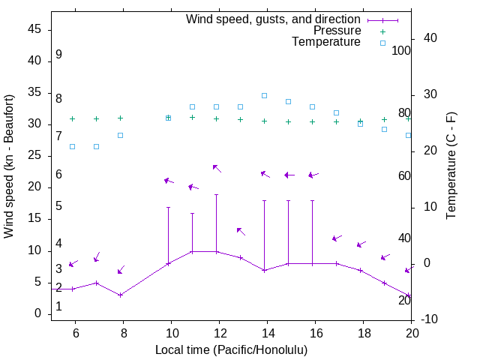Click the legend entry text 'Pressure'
coord(337,31)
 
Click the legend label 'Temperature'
coord(326,42)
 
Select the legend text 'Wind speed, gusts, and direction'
coord(274,19)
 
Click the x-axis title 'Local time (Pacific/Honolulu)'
coord(231,349)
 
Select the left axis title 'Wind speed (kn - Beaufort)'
coord(9,166)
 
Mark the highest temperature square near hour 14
coord(264,95)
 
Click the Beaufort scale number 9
coord(58,55)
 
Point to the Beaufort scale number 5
coord(58,206)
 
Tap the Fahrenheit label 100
coord(402,51)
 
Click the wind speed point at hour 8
coord(120,295)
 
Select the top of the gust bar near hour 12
coord(216,195)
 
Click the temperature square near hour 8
coord(120,135)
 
